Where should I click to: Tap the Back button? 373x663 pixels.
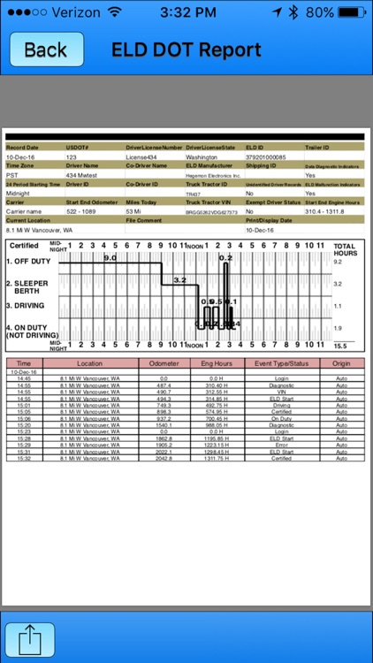(x=45, y=50)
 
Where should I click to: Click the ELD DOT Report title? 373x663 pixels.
(x=186, y=50)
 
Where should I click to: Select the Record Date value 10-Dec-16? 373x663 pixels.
(x=19, y=156)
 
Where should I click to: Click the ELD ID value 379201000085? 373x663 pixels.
(x=265, y=156)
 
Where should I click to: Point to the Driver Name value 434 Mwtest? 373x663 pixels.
(x=81, y=175)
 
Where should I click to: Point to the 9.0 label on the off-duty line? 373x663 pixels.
(x=110, y=257)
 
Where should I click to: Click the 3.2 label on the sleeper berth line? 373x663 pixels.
(x=179, y=279)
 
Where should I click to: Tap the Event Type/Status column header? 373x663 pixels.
(x=278, y=363)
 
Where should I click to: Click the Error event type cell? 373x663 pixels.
(x=278, y=445)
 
